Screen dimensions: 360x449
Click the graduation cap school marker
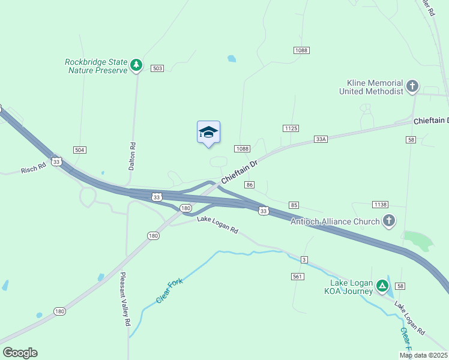pos(208,132)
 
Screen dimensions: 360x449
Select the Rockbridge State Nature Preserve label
pos(97,65)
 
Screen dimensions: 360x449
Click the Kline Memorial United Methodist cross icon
pos(412,86)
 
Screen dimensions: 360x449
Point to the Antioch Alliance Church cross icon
pos(388,221)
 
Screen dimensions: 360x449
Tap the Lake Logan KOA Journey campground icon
pos(382,287)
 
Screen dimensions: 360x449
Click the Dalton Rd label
pos(133,155)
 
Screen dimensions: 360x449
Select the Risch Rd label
pos(34,169)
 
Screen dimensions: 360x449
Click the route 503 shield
pos(157,68)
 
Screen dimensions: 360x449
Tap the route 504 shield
pos(79,149)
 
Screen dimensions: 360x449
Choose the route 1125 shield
pos(291,128)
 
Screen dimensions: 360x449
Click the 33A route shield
pos(321,139)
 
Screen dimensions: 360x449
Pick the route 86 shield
pos(250,184)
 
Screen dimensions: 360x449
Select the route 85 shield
pos(294,205)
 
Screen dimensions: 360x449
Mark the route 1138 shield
pos(379,205)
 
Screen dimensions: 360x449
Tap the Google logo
pos(20,353)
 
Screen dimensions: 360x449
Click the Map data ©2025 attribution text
pos(423,355)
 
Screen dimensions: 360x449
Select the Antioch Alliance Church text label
pos(335,221)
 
